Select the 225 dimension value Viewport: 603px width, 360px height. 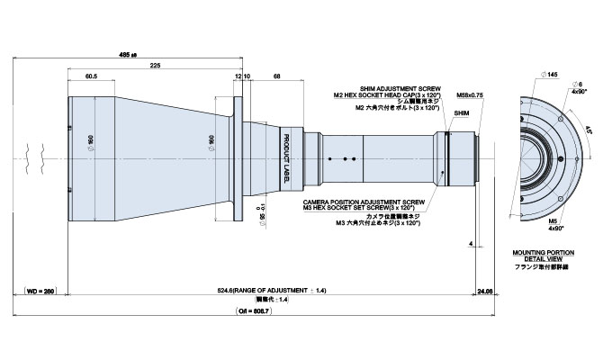point(156,67)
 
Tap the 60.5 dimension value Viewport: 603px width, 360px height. point(92,78)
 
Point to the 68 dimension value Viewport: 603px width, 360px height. point(278,78)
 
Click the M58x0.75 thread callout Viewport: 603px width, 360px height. point(470,94)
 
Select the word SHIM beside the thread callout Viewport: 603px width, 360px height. point(462,114)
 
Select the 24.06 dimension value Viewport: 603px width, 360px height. point(485,291)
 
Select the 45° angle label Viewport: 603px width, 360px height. point(589,129)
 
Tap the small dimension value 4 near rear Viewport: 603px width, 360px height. point(471,243)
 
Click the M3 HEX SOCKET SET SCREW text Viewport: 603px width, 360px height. point(360,209)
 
